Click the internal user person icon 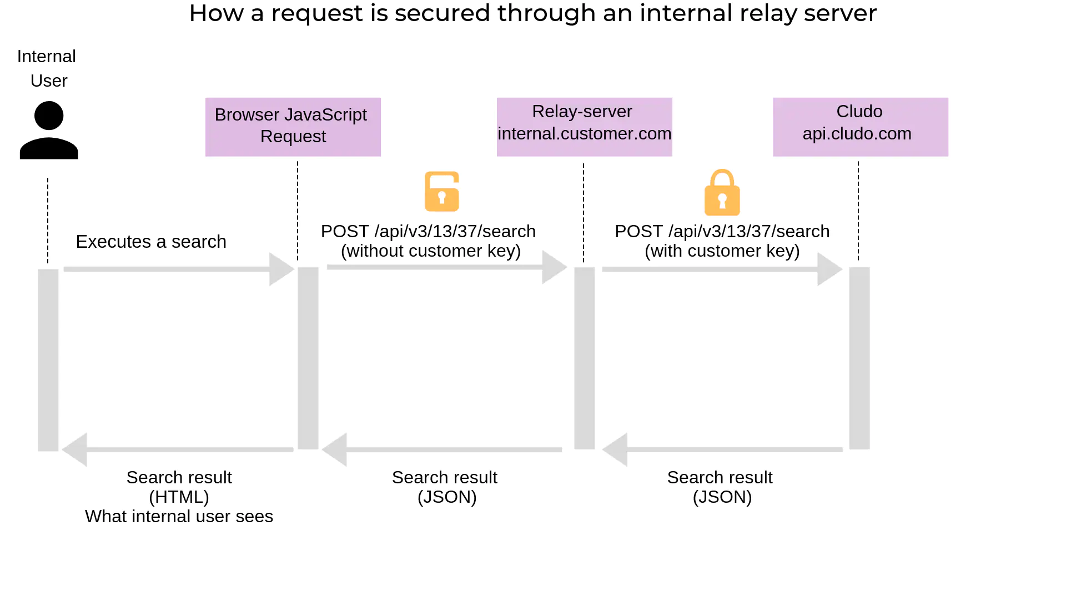coord(49,131)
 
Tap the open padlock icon coord(442,192)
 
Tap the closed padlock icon coord(722,193)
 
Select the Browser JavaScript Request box coord(293,127)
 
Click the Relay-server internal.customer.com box coord(584,127)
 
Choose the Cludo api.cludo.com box coord(860,127)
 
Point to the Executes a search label coord(151,242)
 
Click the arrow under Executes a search coord(178,269)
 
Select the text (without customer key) coord(431,251)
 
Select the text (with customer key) coord(722,251)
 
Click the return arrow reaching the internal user coord(178,449)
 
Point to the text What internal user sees coord(179,517)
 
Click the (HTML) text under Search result coord(179,497)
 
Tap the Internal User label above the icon coord(48,68)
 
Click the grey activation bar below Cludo coord(859,358)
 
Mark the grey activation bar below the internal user coord(48,360)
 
